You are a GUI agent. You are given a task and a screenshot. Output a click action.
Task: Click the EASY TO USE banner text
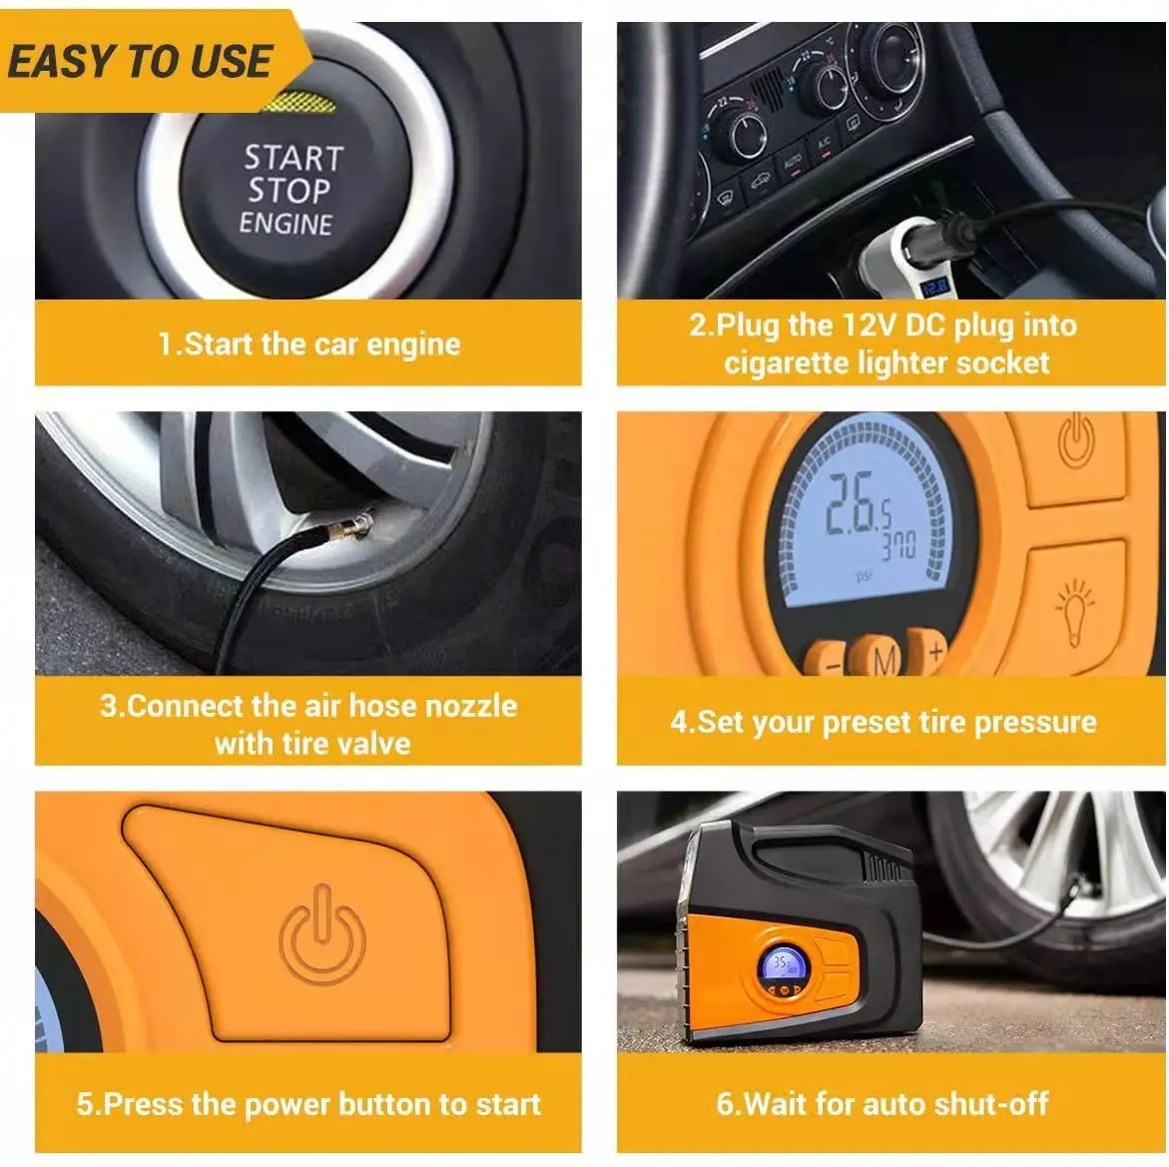140,62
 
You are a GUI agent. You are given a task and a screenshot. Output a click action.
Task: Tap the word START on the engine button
292,158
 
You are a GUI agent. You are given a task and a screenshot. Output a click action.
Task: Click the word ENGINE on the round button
286,222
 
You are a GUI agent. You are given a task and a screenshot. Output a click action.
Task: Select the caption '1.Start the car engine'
309,344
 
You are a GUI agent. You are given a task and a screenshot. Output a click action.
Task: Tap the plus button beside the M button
933,653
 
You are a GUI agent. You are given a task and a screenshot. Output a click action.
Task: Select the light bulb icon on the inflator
1075,609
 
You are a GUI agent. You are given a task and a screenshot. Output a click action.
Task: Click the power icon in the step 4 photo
1076,442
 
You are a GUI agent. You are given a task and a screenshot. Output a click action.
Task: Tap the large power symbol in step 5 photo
321,934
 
